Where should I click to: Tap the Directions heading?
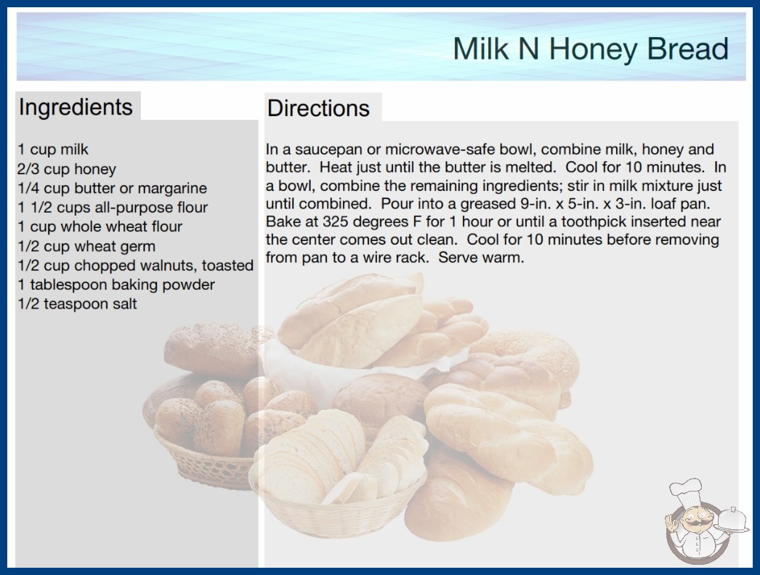pos(318,108)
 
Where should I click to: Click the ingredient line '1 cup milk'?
pos(53,150)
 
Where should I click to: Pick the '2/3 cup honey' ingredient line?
pos(67,169)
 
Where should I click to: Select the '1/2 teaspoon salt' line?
pos(78,303)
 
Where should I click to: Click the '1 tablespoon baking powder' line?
pos(116,285)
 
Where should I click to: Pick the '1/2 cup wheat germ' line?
pos(86,246)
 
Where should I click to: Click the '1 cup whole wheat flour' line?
pos(100,227)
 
